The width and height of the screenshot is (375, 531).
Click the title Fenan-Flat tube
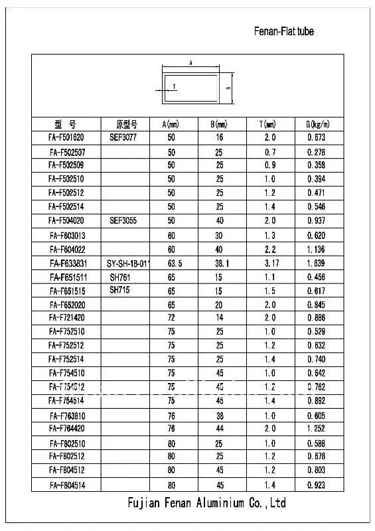point(284,31)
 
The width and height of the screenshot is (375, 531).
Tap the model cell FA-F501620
point(66,138)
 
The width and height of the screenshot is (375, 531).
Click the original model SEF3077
point(123,138)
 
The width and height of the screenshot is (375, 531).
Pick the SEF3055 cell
point(123,220)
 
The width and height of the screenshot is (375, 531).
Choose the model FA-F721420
point(66,318)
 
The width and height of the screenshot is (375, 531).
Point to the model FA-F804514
point(66,485)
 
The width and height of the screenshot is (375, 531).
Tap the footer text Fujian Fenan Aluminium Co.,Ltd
point(206,504)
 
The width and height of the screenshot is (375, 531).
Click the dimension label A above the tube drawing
point(191,62)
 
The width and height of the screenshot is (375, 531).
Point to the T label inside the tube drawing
point(174,86)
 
